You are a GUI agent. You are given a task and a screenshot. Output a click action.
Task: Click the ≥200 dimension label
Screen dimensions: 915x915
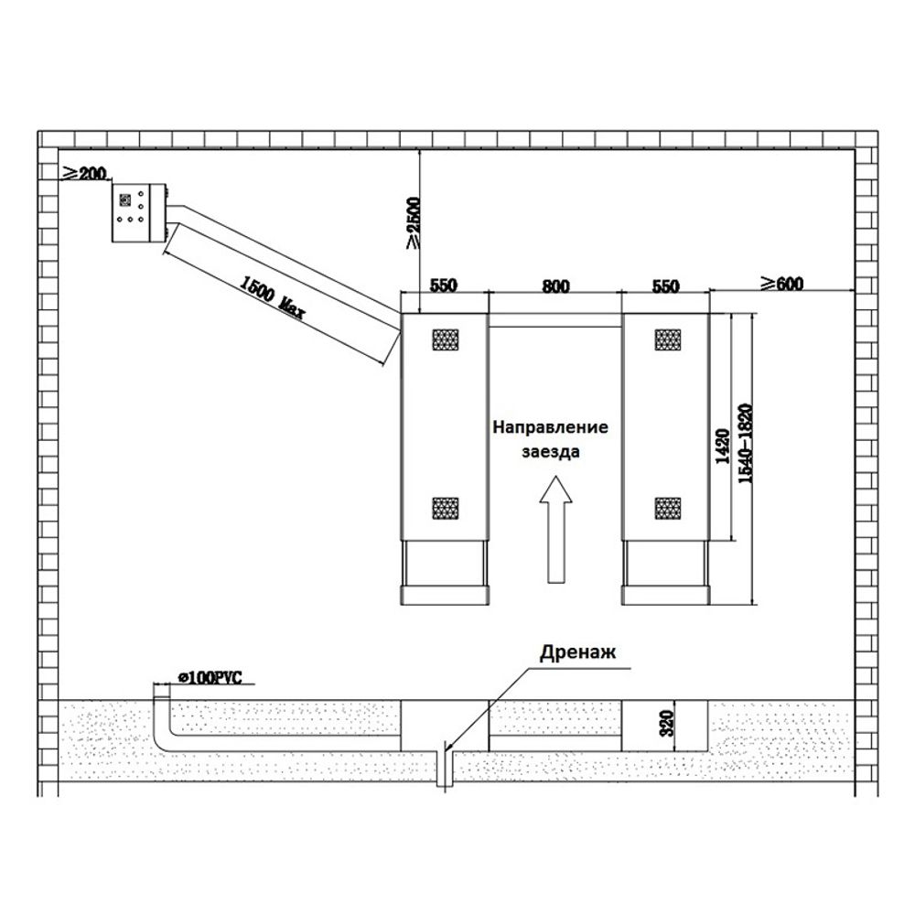84,173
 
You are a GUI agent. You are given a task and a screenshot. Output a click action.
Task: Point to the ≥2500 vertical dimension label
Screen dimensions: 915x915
414,223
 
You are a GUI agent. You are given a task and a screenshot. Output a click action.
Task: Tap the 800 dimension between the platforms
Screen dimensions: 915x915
555,285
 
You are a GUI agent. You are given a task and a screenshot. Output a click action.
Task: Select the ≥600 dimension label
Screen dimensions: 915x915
782,284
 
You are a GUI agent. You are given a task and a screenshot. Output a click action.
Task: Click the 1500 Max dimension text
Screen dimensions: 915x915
273,297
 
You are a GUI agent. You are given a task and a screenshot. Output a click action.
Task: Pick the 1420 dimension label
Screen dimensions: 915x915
723,446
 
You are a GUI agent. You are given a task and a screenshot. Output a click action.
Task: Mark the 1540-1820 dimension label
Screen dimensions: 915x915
746,443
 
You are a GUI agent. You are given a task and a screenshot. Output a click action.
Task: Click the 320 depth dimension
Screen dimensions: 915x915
669,723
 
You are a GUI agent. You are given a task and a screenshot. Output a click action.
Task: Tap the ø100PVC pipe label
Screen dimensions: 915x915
210,677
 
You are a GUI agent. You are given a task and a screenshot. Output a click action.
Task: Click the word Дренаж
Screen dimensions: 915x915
577,651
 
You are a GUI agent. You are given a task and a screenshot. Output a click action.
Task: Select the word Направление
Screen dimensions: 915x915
550,427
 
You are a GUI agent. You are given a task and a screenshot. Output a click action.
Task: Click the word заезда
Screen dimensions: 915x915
550,452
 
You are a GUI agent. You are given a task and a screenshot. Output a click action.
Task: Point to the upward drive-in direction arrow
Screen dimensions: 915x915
555,529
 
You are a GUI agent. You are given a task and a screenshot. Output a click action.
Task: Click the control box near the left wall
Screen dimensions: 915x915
139,212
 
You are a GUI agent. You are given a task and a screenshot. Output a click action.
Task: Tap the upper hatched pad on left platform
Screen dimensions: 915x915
446,339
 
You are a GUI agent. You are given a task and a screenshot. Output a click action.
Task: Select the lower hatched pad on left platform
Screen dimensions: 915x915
446,508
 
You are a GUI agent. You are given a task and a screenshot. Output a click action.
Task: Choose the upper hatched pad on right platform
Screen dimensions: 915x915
668,339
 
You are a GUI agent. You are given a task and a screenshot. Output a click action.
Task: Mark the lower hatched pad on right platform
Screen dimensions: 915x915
668,508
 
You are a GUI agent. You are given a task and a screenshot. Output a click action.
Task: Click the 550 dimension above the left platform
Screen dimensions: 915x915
444,285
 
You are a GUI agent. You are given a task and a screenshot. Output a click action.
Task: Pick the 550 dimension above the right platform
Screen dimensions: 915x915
665,285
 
